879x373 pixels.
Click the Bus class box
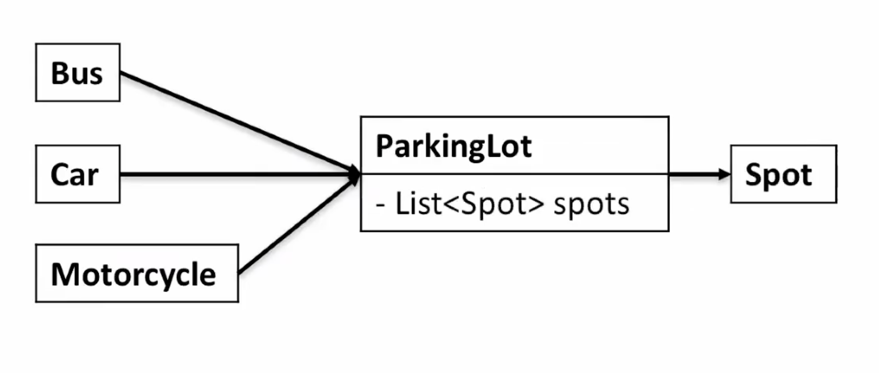click(78, 73)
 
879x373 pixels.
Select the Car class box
click(78, 174)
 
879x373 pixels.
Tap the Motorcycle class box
click(137, 273)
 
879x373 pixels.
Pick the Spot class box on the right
click(784, 174)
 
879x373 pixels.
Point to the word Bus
click(77, 73)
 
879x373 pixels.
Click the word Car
click(74, 175)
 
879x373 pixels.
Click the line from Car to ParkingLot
click(240, 174)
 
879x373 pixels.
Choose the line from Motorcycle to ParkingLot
click(299, 224)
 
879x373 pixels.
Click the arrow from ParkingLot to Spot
click(700, 174)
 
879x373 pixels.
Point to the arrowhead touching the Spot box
click(725, 174)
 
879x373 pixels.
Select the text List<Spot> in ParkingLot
click(470, 204)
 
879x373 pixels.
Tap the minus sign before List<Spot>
click(380, 205)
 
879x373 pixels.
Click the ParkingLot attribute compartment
click(514, 202)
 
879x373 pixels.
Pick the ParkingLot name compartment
click(514, 145)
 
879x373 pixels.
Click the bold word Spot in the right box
click(779, 176)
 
